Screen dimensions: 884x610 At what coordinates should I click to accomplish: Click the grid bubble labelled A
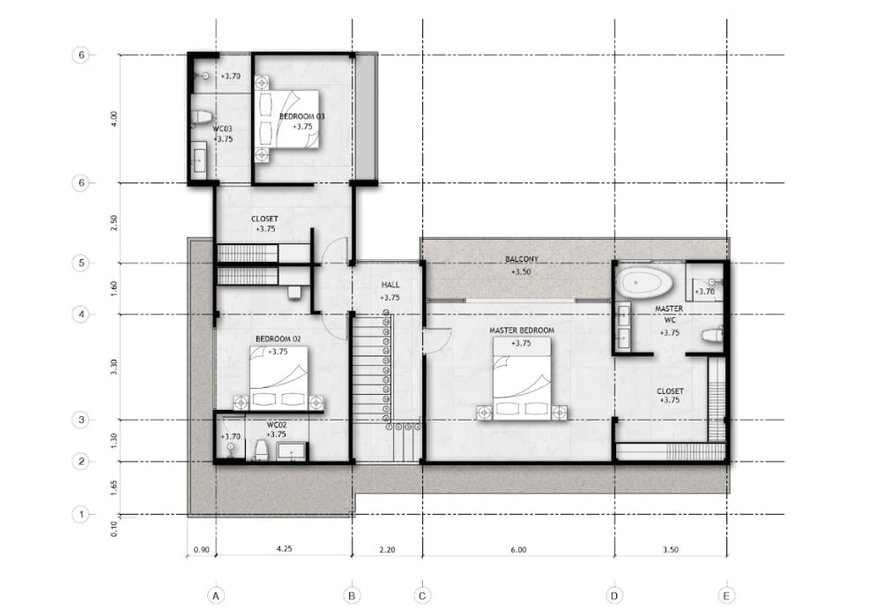tap(215, 595)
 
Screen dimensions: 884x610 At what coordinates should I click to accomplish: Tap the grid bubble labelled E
tap(726, 595)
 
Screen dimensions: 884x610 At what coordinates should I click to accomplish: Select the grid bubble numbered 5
tap(81, 263)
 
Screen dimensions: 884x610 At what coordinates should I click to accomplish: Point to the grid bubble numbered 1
tap(81, 514)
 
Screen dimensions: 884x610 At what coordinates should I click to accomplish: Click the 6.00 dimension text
tap(518, 550)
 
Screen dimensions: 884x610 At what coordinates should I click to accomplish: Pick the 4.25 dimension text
tap(285, 548)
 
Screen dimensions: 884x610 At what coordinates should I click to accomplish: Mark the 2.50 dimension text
tap(114, 223)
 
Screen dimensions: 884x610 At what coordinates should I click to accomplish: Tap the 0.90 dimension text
tap(201, 550)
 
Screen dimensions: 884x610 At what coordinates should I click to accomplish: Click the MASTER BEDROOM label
tap(522, 331)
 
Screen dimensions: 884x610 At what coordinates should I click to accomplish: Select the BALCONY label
tap(522, 259)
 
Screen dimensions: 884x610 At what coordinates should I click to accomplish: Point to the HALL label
tap(390, 286)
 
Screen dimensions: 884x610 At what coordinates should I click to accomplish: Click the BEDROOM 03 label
tap(302, 116)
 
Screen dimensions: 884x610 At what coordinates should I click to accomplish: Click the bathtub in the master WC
tap(644, 282)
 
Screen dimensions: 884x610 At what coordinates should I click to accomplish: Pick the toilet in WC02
tap(261, 450)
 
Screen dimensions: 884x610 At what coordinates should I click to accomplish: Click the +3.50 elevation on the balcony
tap(522, 272)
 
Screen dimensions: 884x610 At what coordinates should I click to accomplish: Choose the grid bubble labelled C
tap(422, 595)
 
